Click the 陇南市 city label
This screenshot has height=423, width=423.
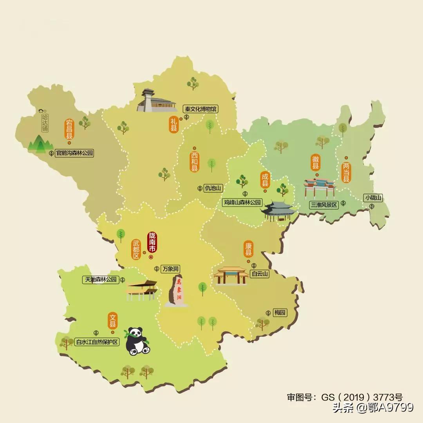tap(152, 242)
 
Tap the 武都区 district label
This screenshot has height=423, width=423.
tap(136, 249)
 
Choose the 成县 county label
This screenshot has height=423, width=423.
tap(266, 180)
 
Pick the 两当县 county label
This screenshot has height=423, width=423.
tap(346, 172)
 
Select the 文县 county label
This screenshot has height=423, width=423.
tap(113, 320)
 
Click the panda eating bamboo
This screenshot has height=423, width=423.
tap(137, 341)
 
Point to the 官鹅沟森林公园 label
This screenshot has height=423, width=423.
tap(75, 153)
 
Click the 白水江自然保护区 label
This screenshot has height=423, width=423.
tap(97, 342)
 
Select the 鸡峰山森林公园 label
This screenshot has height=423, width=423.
tap(242, 202)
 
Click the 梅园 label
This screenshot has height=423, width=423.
tap(280, 313)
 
